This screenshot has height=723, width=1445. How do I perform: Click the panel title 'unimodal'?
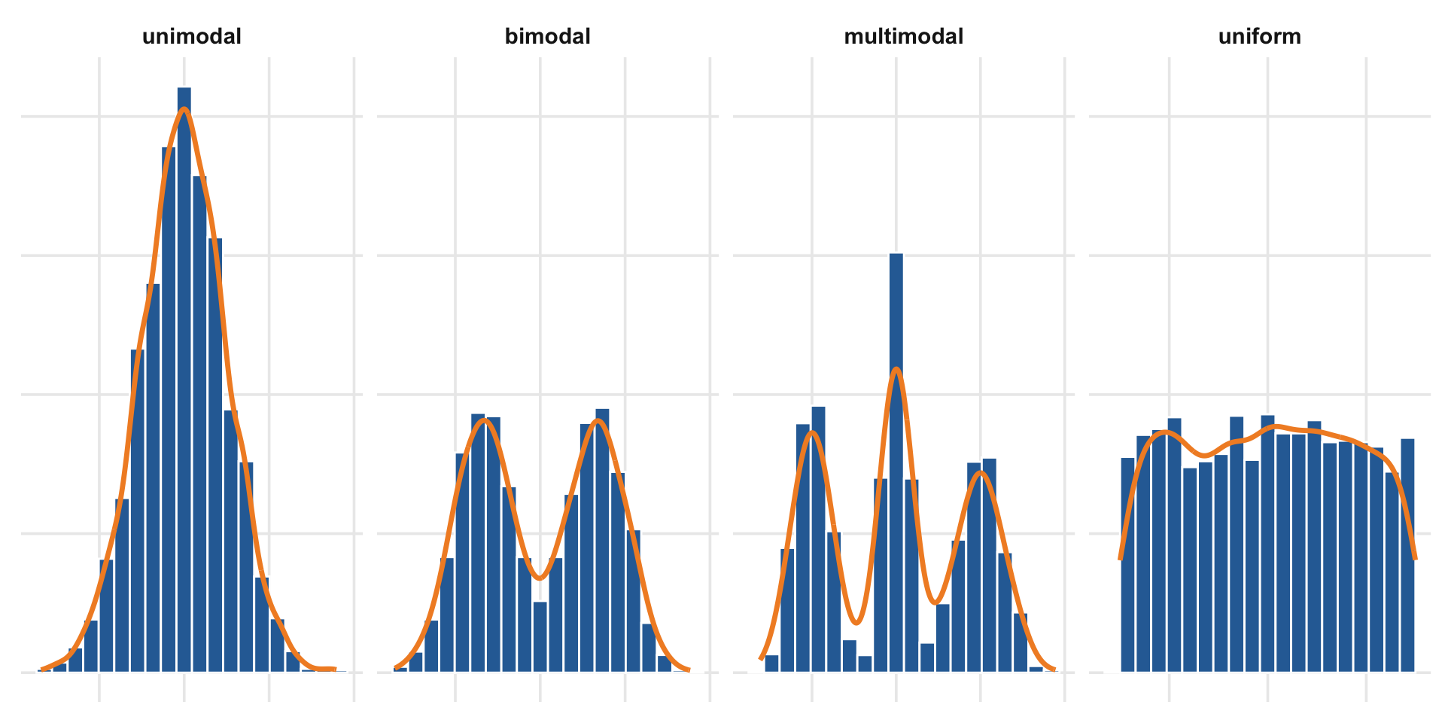192,36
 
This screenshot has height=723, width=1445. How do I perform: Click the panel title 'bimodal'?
547,36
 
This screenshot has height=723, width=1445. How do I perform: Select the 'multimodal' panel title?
903,36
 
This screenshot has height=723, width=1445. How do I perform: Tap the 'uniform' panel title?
1259,36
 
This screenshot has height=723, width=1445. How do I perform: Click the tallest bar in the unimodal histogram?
184,377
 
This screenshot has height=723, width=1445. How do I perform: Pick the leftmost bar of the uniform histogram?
1127,565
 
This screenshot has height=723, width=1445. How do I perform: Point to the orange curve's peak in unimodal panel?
184,110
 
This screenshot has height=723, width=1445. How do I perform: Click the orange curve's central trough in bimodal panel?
540,578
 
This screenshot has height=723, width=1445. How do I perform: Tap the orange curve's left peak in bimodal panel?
486,419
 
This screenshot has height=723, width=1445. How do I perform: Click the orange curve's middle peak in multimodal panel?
896,369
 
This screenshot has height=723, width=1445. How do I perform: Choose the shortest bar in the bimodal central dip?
540,636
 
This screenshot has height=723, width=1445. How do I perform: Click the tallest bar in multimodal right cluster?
990,565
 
